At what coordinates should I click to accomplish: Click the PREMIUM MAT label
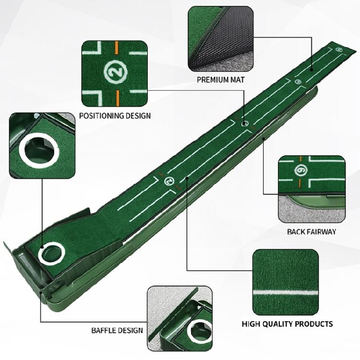click(x=220, y=79)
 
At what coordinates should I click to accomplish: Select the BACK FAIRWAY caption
click(x=311, y=231)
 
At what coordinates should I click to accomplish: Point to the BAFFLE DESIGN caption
click(x=117, y=330)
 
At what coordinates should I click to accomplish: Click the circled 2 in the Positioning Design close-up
click(x=113, y=72)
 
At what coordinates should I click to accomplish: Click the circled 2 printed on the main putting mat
click(x=169, y=181)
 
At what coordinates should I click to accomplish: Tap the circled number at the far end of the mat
click(x=339, y=49)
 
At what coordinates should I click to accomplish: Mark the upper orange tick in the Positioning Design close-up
click(x=117, y=48)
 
